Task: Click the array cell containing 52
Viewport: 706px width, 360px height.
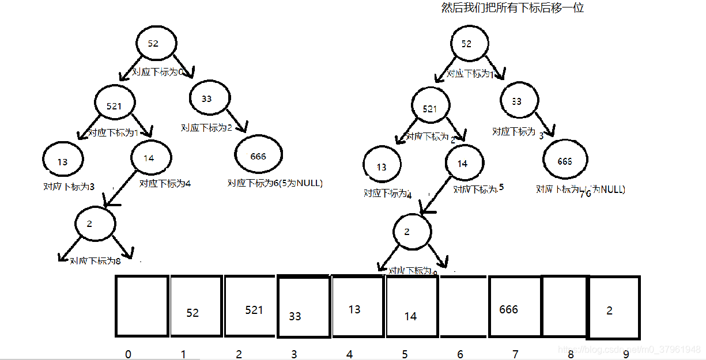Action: [196, 306]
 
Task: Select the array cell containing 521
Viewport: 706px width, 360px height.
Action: [250, 306]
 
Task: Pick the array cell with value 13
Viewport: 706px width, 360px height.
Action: [358, 306]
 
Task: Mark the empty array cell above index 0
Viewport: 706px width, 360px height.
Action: [142, 306]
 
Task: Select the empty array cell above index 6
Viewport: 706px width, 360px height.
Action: [463, 306]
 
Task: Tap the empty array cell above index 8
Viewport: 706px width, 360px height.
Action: [564, 306]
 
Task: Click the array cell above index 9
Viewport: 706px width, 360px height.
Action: [613, 308]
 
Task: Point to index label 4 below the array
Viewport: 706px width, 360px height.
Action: [349, 354]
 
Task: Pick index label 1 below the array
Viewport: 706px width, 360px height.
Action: [183, 354]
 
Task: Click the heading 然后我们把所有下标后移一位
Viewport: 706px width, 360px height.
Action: [512, 9]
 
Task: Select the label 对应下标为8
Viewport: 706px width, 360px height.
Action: [95, 261]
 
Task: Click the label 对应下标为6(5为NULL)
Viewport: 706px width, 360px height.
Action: [275, 183]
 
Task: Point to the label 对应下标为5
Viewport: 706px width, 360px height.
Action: [478, 189]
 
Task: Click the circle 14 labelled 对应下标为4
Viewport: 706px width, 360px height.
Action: [150, 158]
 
